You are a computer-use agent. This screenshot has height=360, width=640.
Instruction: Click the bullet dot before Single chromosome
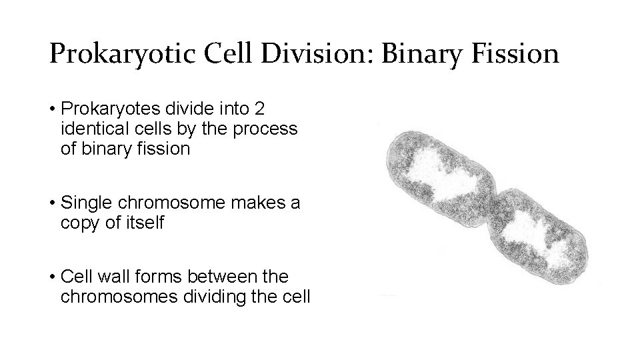coord(51,203)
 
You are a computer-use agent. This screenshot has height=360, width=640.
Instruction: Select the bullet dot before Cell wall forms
coord(51,276)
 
